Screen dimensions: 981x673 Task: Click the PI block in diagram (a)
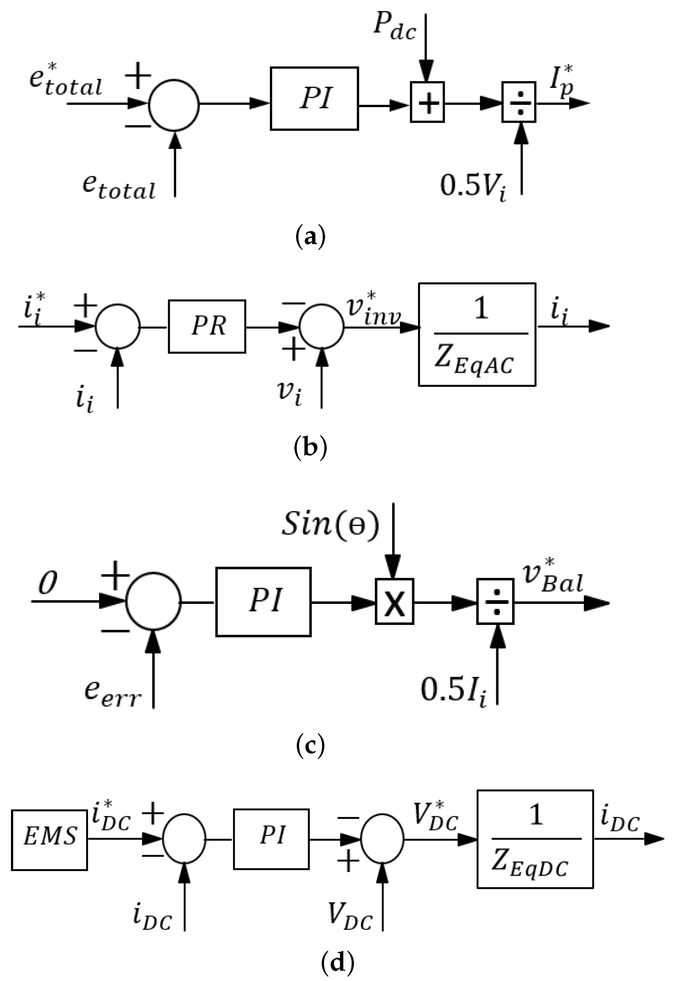click(314, 98)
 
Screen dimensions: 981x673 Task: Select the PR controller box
click(207, 326)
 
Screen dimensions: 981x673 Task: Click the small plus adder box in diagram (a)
click(427, 102)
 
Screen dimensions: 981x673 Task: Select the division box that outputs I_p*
click(518, 102)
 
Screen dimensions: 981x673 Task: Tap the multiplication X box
click(394, 602)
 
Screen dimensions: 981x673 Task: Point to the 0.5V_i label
click(473, 186)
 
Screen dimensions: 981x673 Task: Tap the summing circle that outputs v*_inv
click(321, 327)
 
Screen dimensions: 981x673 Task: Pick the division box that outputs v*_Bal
click(496, 602)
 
